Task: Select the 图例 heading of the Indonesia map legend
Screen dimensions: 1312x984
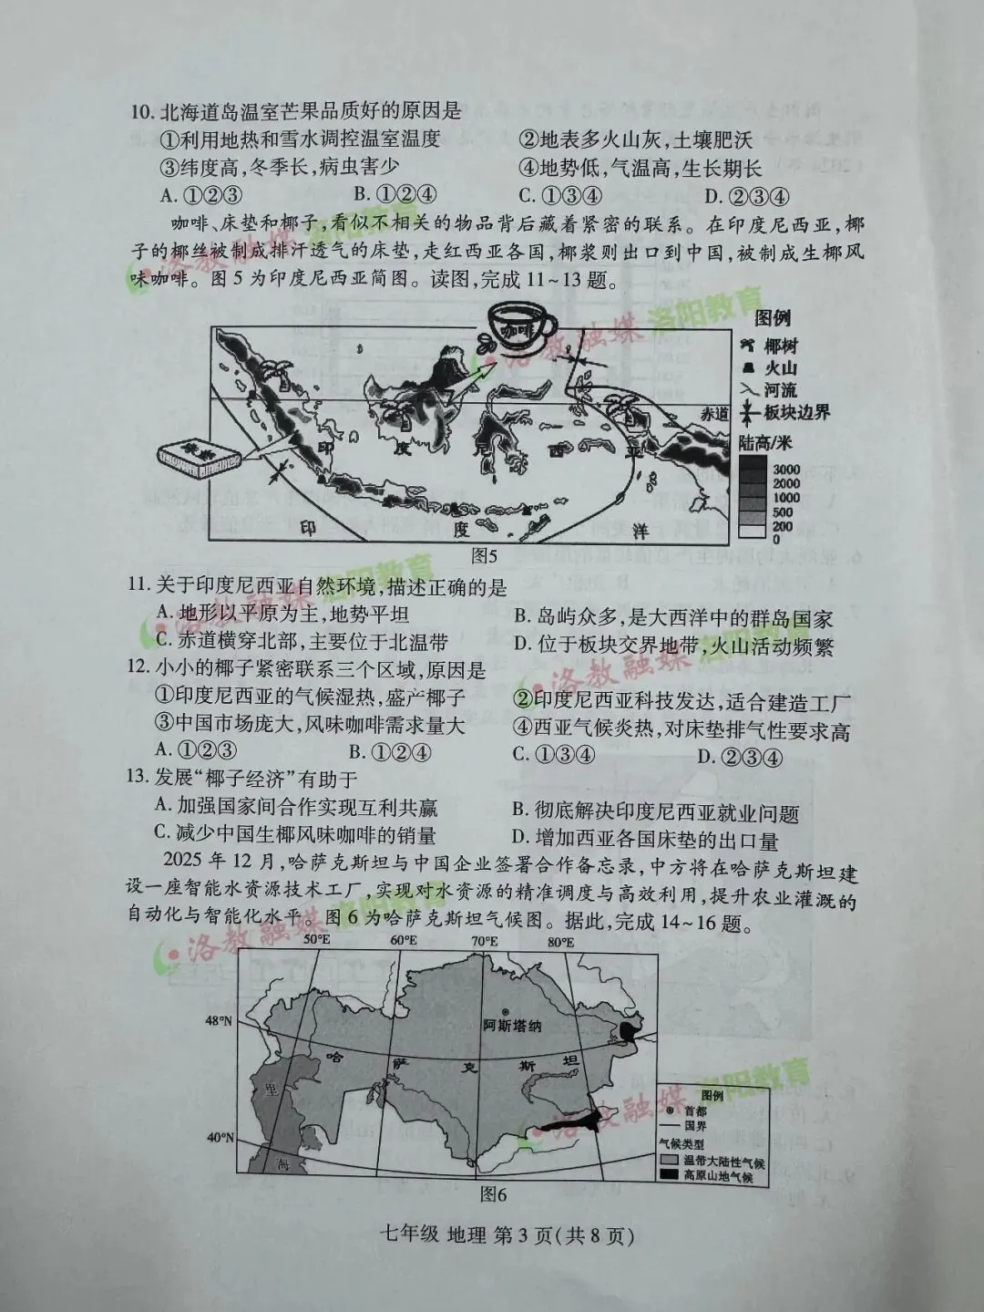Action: coord(773,318)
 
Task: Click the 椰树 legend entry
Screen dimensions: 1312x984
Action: coord(770,346)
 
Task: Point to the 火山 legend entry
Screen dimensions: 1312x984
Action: coord(770,368)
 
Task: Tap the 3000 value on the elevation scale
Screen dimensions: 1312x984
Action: coord(786,469)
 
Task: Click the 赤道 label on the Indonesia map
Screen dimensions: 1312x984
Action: coord(715,413)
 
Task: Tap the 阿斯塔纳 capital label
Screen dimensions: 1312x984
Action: coord(512,1025)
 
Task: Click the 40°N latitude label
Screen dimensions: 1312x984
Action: coord(219,1138)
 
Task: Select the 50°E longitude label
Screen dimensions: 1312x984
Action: coord(316,940)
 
